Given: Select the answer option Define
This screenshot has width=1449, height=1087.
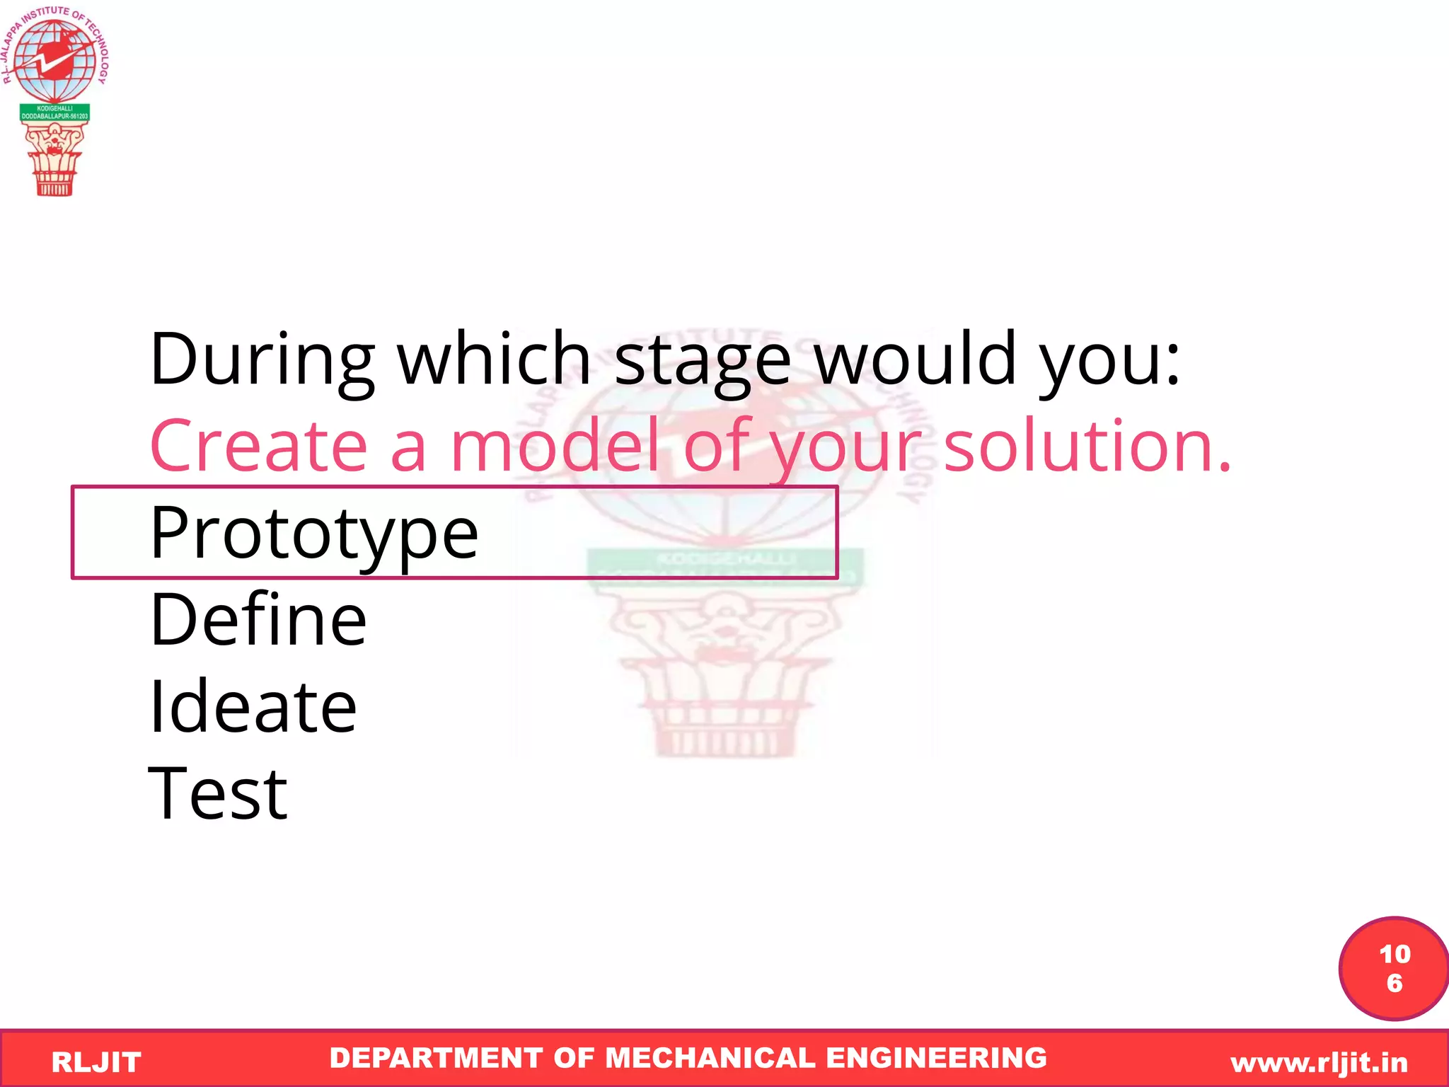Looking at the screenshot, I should click(258, 621).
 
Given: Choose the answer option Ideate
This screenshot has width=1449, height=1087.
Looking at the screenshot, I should click(253, 707).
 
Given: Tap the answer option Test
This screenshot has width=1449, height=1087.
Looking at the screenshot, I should click(218, 794).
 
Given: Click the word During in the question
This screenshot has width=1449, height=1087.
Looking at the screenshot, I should click(262, 360).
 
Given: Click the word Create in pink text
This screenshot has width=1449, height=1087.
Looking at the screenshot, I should click(259, 447).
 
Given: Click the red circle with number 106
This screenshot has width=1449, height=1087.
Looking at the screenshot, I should click(1394, 968).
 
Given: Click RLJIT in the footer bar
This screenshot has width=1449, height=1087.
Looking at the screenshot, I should click(96, 1062).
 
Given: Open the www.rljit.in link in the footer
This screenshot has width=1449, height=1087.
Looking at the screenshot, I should click(1319, 1062).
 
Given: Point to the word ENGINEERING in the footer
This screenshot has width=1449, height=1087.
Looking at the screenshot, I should click(936, 1058).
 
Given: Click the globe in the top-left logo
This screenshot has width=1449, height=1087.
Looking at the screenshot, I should click(54, 60).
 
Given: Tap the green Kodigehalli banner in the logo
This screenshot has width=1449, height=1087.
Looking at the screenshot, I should click(54, 113).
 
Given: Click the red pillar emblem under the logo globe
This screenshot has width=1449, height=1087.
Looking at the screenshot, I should click(54, 159).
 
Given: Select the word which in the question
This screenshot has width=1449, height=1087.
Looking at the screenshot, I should click(493, 360).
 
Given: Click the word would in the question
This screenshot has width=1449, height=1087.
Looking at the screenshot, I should click(915, 360).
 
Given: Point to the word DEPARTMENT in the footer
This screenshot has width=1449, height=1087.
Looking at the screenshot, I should click(437, 1058).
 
